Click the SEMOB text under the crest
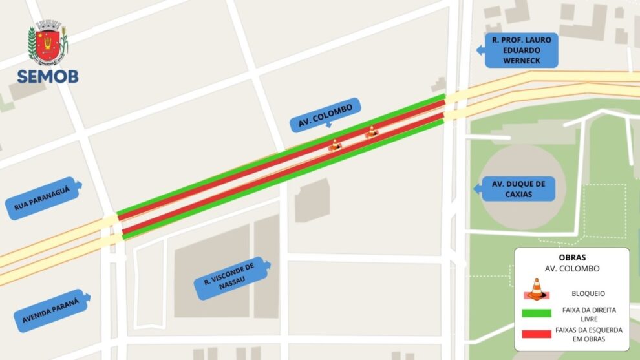click(x=48, y=76)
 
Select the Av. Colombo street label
click(x=326, y=115)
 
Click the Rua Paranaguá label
click(x=42, y=198)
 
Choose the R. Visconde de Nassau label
click(x=229, y=278)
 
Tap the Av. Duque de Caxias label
click(x=518, y=189)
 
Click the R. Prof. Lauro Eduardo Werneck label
click(x=521, y=50)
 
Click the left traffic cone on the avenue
click(x=334, y=146)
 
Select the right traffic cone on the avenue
click(x=371, y=132)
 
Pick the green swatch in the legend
click(x=536, y=313)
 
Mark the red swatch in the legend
click(x=536, y=334)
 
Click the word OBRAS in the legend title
click(x=571, y=257)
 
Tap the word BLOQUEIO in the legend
click(x=588, y=293)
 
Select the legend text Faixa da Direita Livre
click(x=588, y=314)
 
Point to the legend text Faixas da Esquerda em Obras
click(x=588, y=334)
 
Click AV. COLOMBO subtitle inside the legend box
click(x=571, y=268)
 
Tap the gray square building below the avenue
click(x=313, y=200)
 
